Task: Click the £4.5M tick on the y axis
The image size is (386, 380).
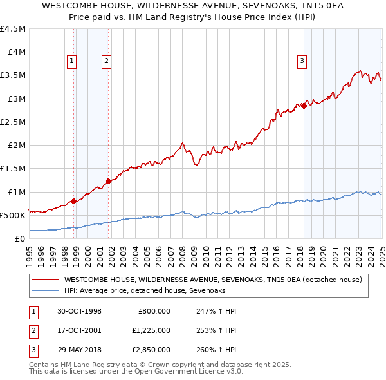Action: click(14, 29)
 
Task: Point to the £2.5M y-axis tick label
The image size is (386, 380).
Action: click(14, 122)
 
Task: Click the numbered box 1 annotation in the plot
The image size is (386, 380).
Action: click(71, 62)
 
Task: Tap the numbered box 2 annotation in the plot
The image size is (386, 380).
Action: click(106, 62)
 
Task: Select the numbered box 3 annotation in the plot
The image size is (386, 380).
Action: click(302, 62)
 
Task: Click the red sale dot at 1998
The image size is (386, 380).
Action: click(74, 201)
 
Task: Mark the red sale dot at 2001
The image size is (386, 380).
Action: click(108, 181)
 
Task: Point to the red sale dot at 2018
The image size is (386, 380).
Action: click(303, 106)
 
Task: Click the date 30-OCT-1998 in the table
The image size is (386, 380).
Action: click(79, 311)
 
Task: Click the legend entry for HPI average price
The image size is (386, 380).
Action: click(153, 291)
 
